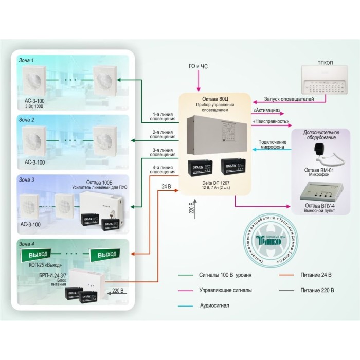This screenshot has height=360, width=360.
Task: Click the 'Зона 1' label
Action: pos(26,60)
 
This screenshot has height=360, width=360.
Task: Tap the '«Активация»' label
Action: pos(266,111)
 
